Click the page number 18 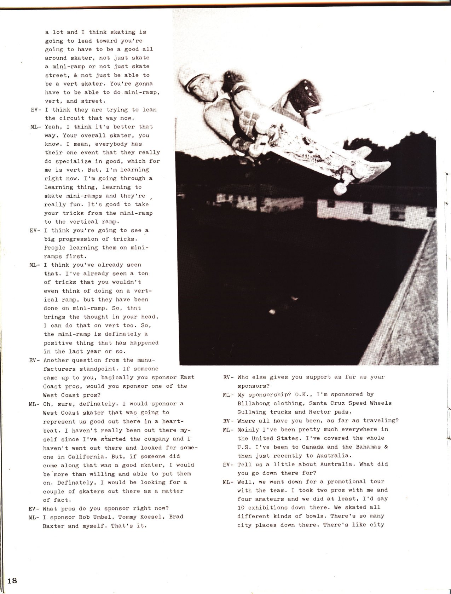click(x=12, y=581)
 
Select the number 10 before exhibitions click(x=241, y=507)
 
